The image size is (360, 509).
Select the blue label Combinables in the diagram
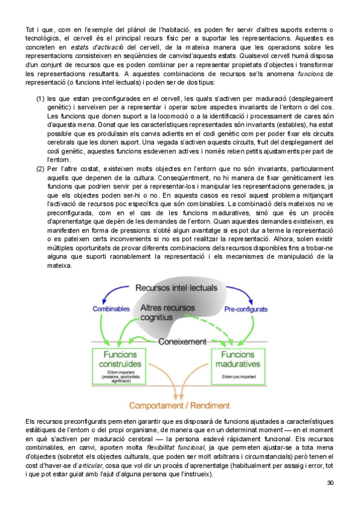coord(111,309)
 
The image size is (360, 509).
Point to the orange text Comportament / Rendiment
coord(179,406)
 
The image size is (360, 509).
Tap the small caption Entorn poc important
coord(236,377)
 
